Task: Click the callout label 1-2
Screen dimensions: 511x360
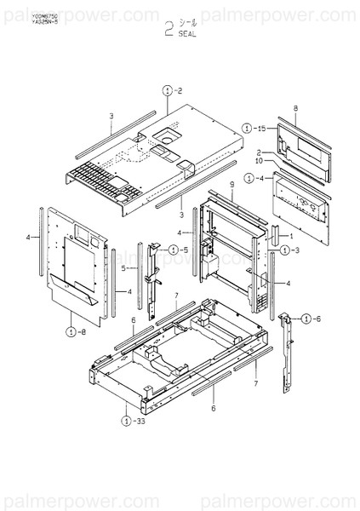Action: point(172,88)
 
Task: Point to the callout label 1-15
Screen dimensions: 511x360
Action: point(254,128)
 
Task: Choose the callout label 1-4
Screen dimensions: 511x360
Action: point(254,178)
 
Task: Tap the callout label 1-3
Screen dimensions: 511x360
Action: point(289,250)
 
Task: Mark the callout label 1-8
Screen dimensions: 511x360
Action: point(74,331)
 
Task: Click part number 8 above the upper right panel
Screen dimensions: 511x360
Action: point(294,108)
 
